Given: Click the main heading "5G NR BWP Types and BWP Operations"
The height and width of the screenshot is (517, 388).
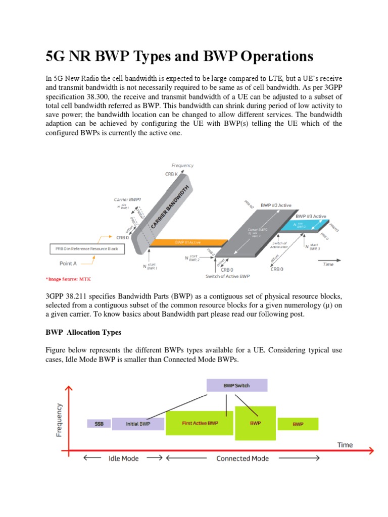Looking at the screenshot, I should (x=179, y=56).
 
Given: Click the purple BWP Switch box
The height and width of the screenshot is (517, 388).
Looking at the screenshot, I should (x=236, y=385).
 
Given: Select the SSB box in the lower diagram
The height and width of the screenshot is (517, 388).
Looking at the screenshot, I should (x=99, y=424).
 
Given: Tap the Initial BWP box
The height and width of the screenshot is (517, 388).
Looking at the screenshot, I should (x=138, y=424).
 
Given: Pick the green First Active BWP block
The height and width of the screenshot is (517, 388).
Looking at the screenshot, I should (x=200, y=423).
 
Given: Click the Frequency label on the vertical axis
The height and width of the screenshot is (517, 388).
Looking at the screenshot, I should (x=60, y=419).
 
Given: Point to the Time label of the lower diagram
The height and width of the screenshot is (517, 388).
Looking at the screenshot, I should (x=345, y=445).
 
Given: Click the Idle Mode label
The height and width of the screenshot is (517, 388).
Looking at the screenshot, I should (x=123, y=458).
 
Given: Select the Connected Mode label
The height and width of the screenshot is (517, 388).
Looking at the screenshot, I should (x=243, y=458).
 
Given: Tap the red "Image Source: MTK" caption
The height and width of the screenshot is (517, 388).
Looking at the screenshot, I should (x=68, y=279).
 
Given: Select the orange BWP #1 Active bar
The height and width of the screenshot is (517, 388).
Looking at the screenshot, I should (x=187, y=243).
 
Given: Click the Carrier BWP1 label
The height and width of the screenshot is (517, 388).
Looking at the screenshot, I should (x=127, y=199).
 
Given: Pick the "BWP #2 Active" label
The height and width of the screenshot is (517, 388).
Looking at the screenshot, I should (x=276, y=205).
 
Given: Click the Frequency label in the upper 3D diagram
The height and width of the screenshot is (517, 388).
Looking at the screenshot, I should (x=182, y=165).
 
